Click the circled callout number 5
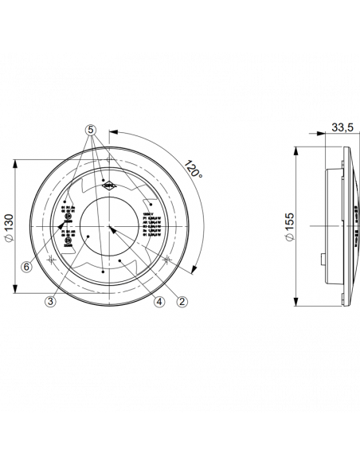(91, 128)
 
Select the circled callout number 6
(26, 268)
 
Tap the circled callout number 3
(50, 302)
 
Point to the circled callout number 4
(158, 302)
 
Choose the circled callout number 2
(182, 302)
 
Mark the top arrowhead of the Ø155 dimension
(295, 150)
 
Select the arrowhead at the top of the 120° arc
(111, 134)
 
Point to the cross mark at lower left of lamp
(53, 260)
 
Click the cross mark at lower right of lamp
(166, 260)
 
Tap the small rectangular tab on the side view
(322, 260)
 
